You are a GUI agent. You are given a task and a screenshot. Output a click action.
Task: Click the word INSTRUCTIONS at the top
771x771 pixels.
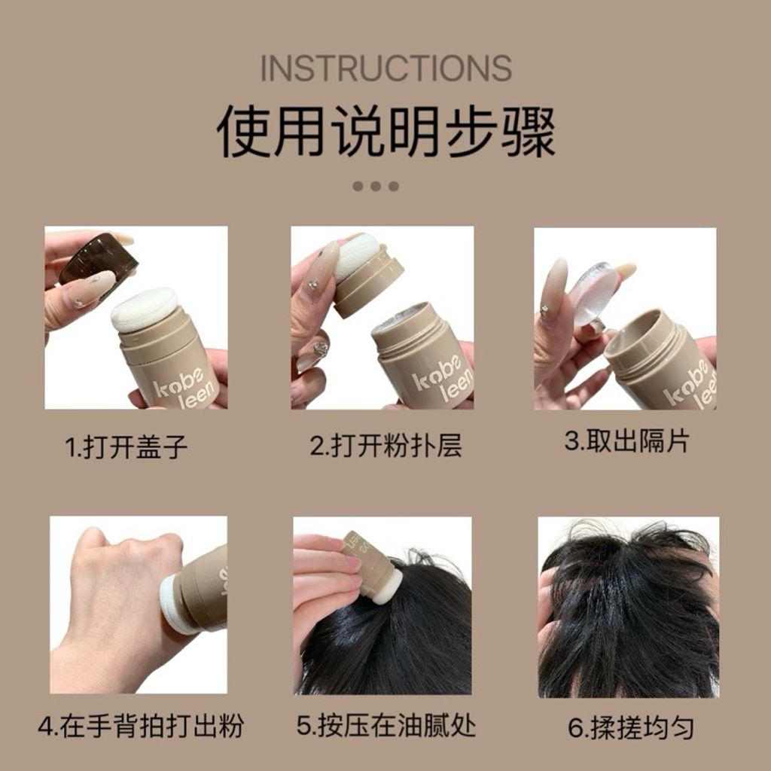(385, 69)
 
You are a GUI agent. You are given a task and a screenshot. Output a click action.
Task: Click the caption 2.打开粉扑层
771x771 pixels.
(385, 446)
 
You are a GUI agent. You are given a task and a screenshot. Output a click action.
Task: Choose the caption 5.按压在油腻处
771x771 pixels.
(385, 727)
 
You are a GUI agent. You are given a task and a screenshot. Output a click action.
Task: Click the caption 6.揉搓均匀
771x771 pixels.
(630, 728)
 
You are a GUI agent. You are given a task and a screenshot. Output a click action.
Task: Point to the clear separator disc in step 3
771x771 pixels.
(592, 294)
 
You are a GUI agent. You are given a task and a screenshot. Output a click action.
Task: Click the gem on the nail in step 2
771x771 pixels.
(322, 349)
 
